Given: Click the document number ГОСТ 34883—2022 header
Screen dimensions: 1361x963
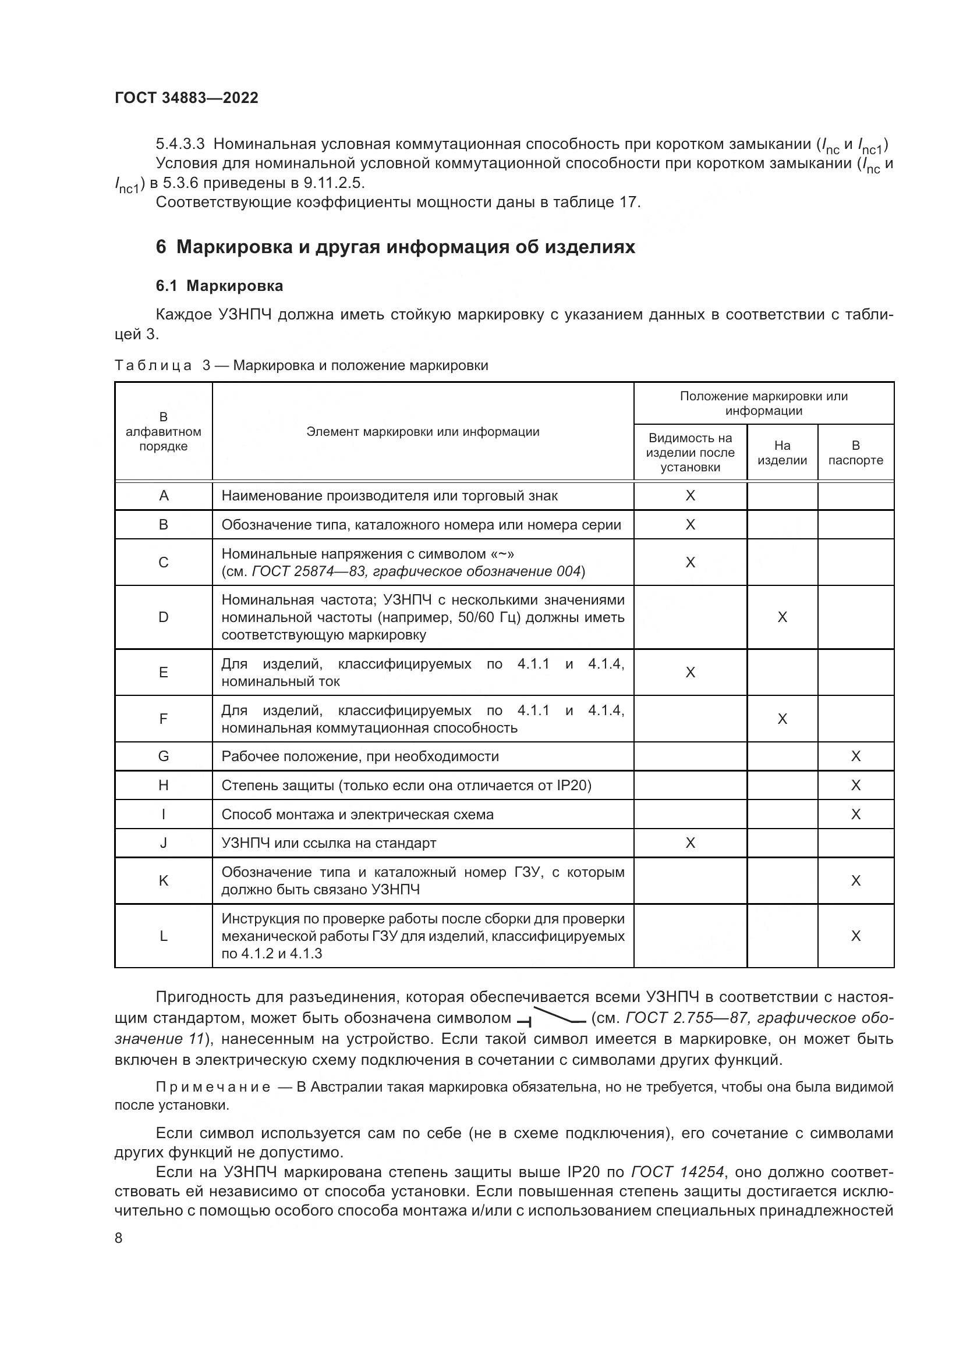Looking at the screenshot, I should click(186, 98).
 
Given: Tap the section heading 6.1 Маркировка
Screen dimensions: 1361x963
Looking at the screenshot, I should click(219, 286).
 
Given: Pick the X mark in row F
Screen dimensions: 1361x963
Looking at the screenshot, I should click(781, 719).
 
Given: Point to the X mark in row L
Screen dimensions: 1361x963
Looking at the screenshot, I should click(855, 936).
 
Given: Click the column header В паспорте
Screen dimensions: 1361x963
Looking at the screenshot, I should click(855, 452).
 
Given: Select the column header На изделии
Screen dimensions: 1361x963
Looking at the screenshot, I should click(781, 452).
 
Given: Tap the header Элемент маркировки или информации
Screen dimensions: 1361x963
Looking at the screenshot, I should click(423, 432).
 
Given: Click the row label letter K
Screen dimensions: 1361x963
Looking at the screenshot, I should click(164, 880).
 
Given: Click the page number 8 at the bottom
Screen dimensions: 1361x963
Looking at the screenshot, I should click(119, 1238).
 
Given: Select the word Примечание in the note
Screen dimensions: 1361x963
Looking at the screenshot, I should click(213, 1087).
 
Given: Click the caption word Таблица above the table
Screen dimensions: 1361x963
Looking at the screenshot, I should click(153, 365).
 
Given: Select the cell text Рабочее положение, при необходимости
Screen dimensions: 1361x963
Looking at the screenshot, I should click(360, 756).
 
